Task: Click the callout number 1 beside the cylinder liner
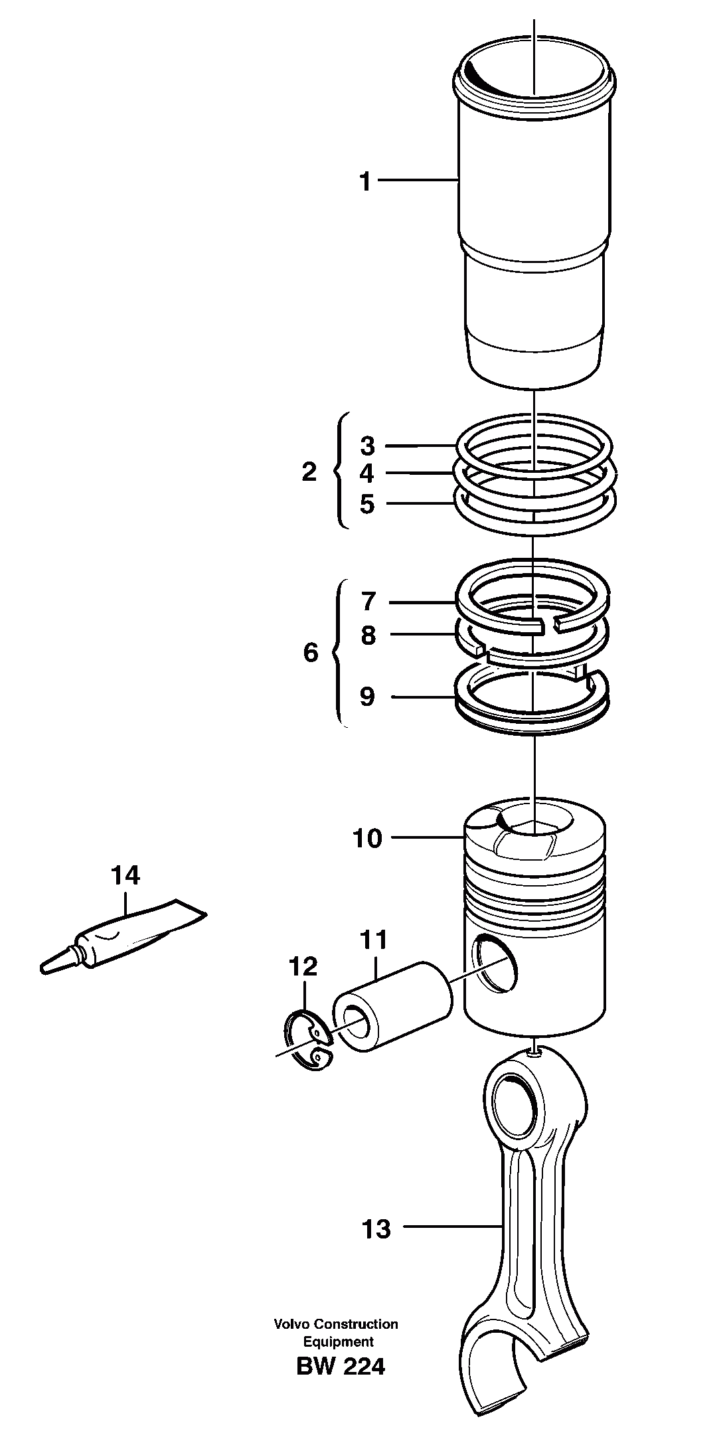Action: tap(365, 181)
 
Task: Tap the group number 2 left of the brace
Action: tap(309, 473)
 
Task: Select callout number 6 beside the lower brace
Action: tap(311, 653)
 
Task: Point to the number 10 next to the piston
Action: tap(367, 839)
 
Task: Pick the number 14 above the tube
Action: tap(125, 876)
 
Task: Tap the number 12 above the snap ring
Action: tap(303, 966)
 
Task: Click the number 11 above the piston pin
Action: tap(373, 940)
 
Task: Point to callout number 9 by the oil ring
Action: tap(366, 697)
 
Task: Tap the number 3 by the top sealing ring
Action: tap(367, 445)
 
